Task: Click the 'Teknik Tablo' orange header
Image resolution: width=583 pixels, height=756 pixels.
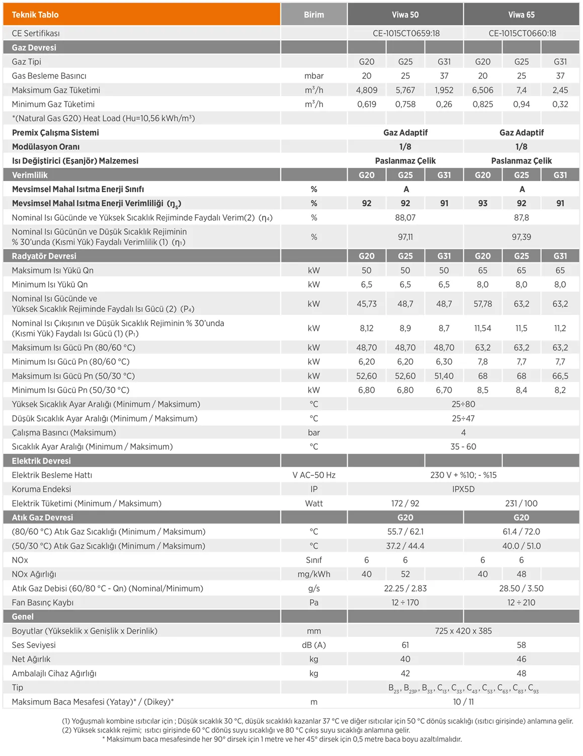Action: click(35, 15)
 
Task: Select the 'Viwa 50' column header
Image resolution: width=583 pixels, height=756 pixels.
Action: click(405, 15)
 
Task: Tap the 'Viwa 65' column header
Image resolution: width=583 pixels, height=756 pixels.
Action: click(521, 15)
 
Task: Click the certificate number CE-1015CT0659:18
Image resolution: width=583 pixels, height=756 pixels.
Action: click(406, 33)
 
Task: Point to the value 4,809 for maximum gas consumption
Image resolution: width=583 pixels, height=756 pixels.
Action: click(366, 90)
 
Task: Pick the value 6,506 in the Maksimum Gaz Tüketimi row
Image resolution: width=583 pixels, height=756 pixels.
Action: click(482, 90)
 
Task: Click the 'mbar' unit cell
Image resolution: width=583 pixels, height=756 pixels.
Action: click(314, 76)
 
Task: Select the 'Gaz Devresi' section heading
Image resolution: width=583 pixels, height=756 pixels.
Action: click(34, 48)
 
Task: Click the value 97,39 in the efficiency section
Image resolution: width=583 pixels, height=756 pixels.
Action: click(521, 237)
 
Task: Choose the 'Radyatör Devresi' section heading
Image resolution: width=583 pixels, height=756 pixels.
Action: click(44, 256)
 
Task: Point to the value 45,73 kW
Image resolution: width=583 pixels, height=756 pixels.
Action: click(366, 304)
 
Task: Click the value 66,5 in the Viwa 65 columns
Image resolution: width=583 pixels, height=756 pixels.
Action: click(560, 376)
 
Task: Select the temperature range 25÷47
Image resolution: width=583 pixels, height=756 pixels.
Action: click(463, 418)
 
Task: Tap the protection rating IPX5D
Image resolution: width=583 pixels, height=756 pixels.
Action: click(463, 489)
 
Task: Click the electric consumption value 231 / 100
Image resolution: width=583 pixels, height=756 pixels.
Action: click(521, 503)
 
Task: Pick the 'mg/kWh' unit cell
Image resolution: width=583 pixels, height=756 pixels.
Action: click(314, 574)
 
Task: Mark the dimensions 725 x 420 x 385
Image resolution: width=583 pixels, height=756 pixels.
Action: click(463, 631)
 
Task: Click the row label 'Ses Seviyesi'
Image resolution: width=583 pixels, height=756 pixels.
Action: click(34, 645)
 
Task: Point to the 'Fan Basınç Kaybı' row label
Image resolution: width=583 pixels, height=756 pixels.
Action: click(43, 603)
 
